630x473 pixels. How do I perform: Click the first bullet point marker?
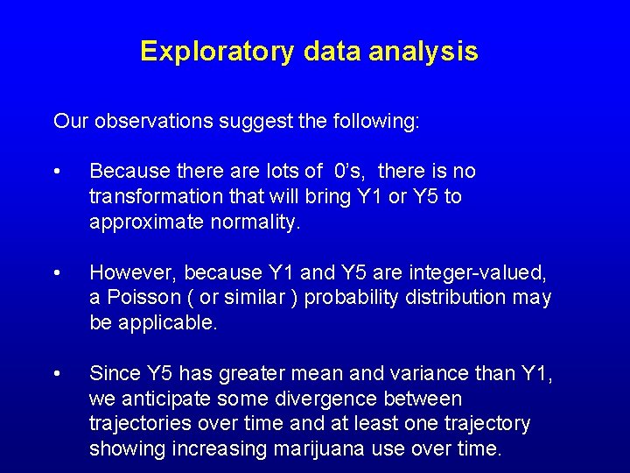[x=57, y=172]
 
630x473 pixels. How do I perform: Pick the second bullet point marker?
[x=57, y=272]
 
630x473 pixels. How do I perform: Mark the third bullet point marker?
[x=57, y=374]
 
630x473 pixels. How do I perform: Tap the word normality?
[x=255, y=222]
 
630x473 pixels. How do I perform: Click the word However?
[x=126, y=272]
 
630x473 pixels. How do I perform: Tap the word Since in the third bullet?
[x=111, y=374]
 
